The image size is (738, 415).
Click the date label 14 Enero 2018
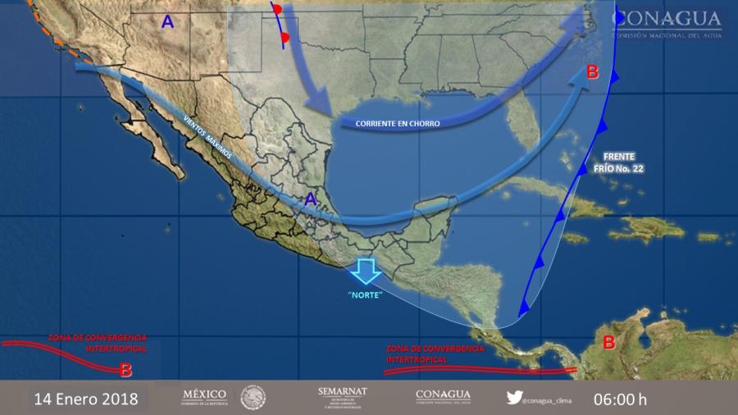pyautogui.click(x=86, y=399)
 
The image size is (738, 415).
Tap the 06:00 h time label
pyautogui.click(x=621, y=399)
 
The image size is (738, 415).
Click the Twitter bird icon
pyautogui.click(x=514, y=398)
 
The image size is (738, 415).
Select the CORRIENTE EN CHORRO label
pyautogui.click(x=398, y=124)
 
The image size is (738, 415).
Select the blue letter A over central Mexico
pyautogui.click(x=311, y=198)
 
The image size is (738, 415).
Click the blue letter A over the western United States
pyautogui.click(x=167, y=23)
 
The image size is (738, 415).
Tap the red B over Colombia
pyautogui.click(x=609, y=342)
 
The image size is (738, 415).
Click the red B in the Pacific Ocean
pyautogui.click(x=125, y=370)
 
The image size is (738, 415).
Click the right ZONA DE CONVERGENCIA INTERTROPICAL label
pyautogui.click(x=430, y=353)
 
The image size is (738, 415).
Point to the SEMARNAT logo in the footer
pyautogui.click(x=342, y=397)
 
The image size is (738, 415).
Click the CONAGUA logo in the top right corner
pyautogui.click(x=667, y=22)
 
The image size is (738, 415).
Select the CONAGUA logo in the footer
pyautogui.click(x=442, y=397)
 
